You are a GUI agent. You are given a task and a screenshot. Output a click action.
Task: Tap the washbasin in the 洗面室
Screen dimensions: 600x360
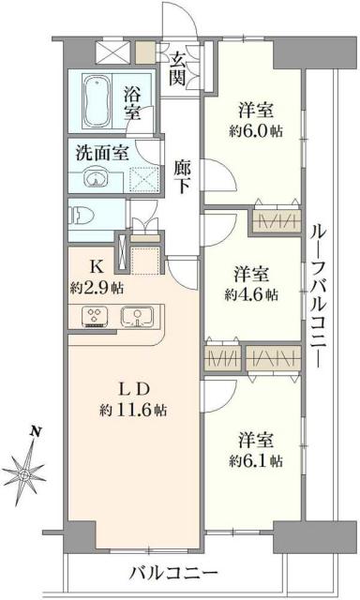(x=94, y=179)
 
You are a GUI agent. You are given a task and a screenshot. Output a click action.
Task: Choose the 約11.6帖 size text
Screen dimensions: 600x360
(x=134, y=409)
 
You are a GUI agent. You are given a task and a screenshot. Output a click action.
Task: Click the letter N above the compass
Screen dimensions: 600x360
(x=35, y=432)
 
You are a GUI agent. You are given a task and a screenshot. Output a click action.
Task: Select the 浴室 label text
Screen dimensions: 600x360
(x=133, y=101)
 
